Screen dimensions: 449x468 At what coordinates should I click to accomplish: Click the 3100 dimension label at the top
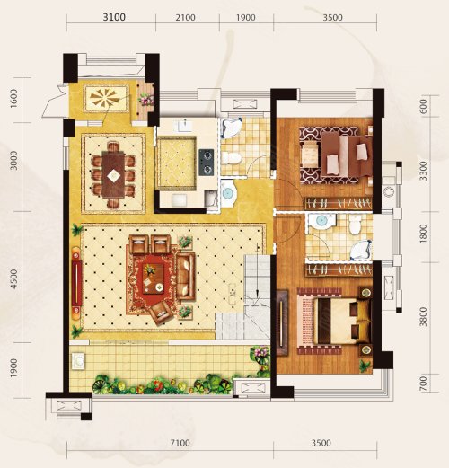114,17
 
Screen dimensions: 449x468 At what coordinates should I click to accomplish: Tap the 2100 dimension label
185,18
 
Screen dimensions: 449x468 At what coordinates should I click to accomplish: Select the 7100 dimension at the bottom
180,443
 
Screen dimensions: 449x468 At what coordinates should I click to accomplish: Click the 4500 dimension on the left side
13,279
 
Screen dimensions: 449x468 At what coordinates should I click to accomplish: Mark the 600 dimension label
423,106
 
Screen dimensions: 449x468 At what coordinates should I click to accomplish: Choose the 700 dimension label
423,384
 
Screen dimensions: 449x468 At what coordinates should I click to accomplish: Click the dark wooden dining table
113,175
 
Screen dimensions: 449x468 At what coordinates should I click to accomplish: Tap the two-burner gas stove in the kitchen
207,163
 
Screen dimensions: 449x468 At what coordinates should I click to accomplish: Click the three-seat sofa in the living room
186,276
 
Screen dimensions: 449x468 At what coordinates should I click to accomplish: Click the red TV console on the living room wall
76,283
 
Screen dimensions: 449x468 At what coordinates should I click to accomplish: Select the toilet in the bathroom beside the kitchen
231,158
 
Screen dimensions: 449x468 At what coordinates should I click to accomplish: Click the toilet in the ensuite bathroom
355,225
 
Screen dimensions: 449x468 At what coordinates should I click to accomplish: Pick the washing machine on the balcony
78,360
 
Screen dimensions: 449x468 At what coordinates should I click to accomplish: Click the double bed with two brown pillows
336,322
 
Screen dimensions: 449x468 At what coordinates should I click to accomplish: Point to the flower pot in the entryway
146,99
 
